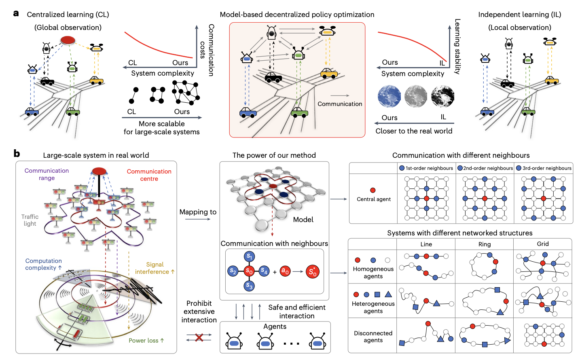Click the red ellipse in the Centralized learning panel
pyautogui.click(x=68, y=40)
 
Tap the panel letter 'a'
pyautogui.click(x=16, y=13)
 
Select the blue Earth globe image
pyautogui.click(x=389, y=97)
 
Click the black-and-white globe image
pyautogui.click(x=442, y=97)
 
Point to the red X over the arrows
pyautogui.click(x=199, y=337)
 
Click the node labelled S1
pyautogui.click(x=250, y=256)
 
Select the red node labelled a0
pyautogui.click(x=285, y=271)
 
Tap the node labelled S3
pyautogui.click(x=249, y=286)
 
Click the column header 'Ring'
pyautogui.click(x=484, y=244)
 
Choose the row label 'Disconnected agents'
pyautogui.click(x=373, y=337)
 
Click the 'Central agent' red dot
pyautogui.click(x=373, y=190)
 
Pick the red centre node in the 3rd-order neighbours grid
pyautogui.click(x=543, y=199)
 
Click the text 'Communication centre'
pyautogui.click(x=149, y=175)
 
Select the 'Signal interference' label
pyautogui.click(x=155, y=268)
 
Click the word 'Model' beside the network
pyautogui.click(x=303, y=220)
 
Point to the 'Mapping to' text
pyautogui.click(x=198, y=212)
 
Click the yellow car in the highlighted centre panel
pyautogui.click(x=329, y=73)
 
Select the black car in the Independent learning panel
pyautogui.click(x=507, y=83)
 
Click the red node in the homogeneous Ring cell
pyautogui.click(x=495, y=262)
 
